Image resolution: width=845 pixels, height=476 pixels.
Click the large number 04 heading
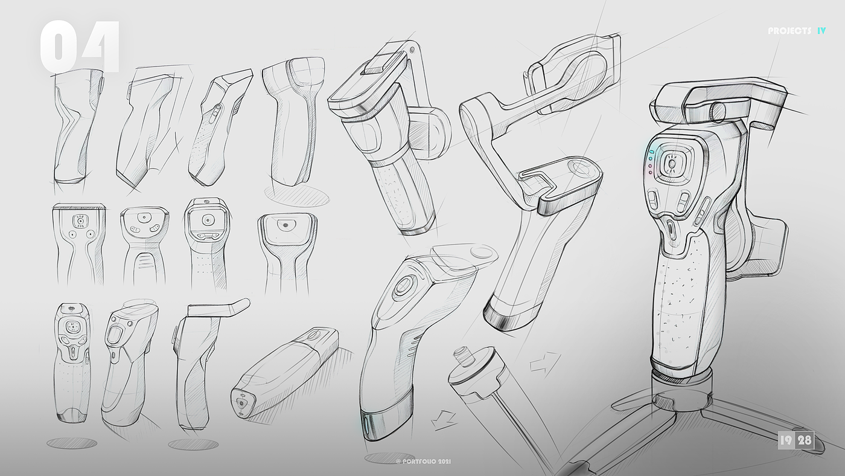[80, 47]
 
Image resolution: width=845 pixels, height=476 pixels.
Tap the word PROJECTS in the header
[789, 31]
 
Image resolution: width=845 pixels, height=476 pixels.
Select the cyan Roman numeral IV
[821, 31]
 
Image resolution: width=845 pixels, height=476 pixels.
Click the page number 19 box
[786, 440]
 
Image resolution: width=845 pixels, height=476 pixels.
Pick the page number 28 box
[804, 440]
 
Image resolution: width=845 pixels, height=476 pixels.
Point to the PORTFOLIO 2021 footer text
[424, 462]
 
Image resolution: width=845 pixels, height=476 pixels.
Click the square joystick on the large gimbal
[672, 164]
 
